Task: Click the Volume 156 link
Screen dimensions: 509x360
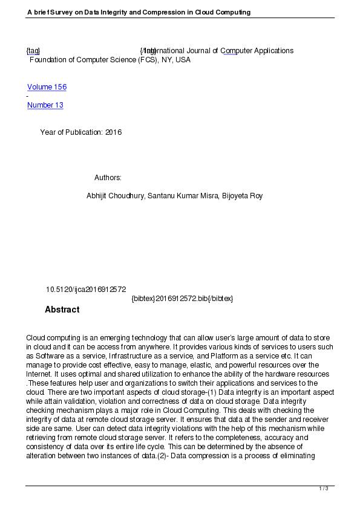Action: pyautogui.click(x=47, y=87)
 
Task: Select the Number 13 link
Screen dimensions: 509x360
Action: pyautogui.click(x=45, y=105)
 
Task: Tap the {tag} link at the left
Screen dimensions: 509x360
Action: pyautogui.click(x=33, y=51)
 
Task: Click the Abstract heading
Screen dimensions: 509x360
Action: pyautogui.click(x=62, y=310)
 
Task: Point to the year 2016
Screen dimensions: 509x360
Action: pyautogui.click(x=114, y=132)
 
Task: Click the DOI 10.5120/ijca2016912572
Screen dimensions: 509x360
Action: pyautogui.click(x=86, y=290)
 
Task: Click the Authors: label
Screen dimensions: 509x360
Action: pyautogui.click(x=108, y=178)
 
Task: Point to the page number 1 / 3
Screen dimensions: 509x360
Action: pyautogui.click(x=324, y=488)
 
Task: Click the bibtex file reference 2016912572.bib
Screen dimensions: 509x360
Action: pyautogui.click(x=181, y=299)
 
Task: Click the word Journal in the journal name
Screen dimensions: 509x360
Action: pyautogui.click(x=206, y=51)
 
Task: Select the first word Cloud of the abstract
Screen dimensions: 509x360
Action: pyautogui.click(x=36, y=337)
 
